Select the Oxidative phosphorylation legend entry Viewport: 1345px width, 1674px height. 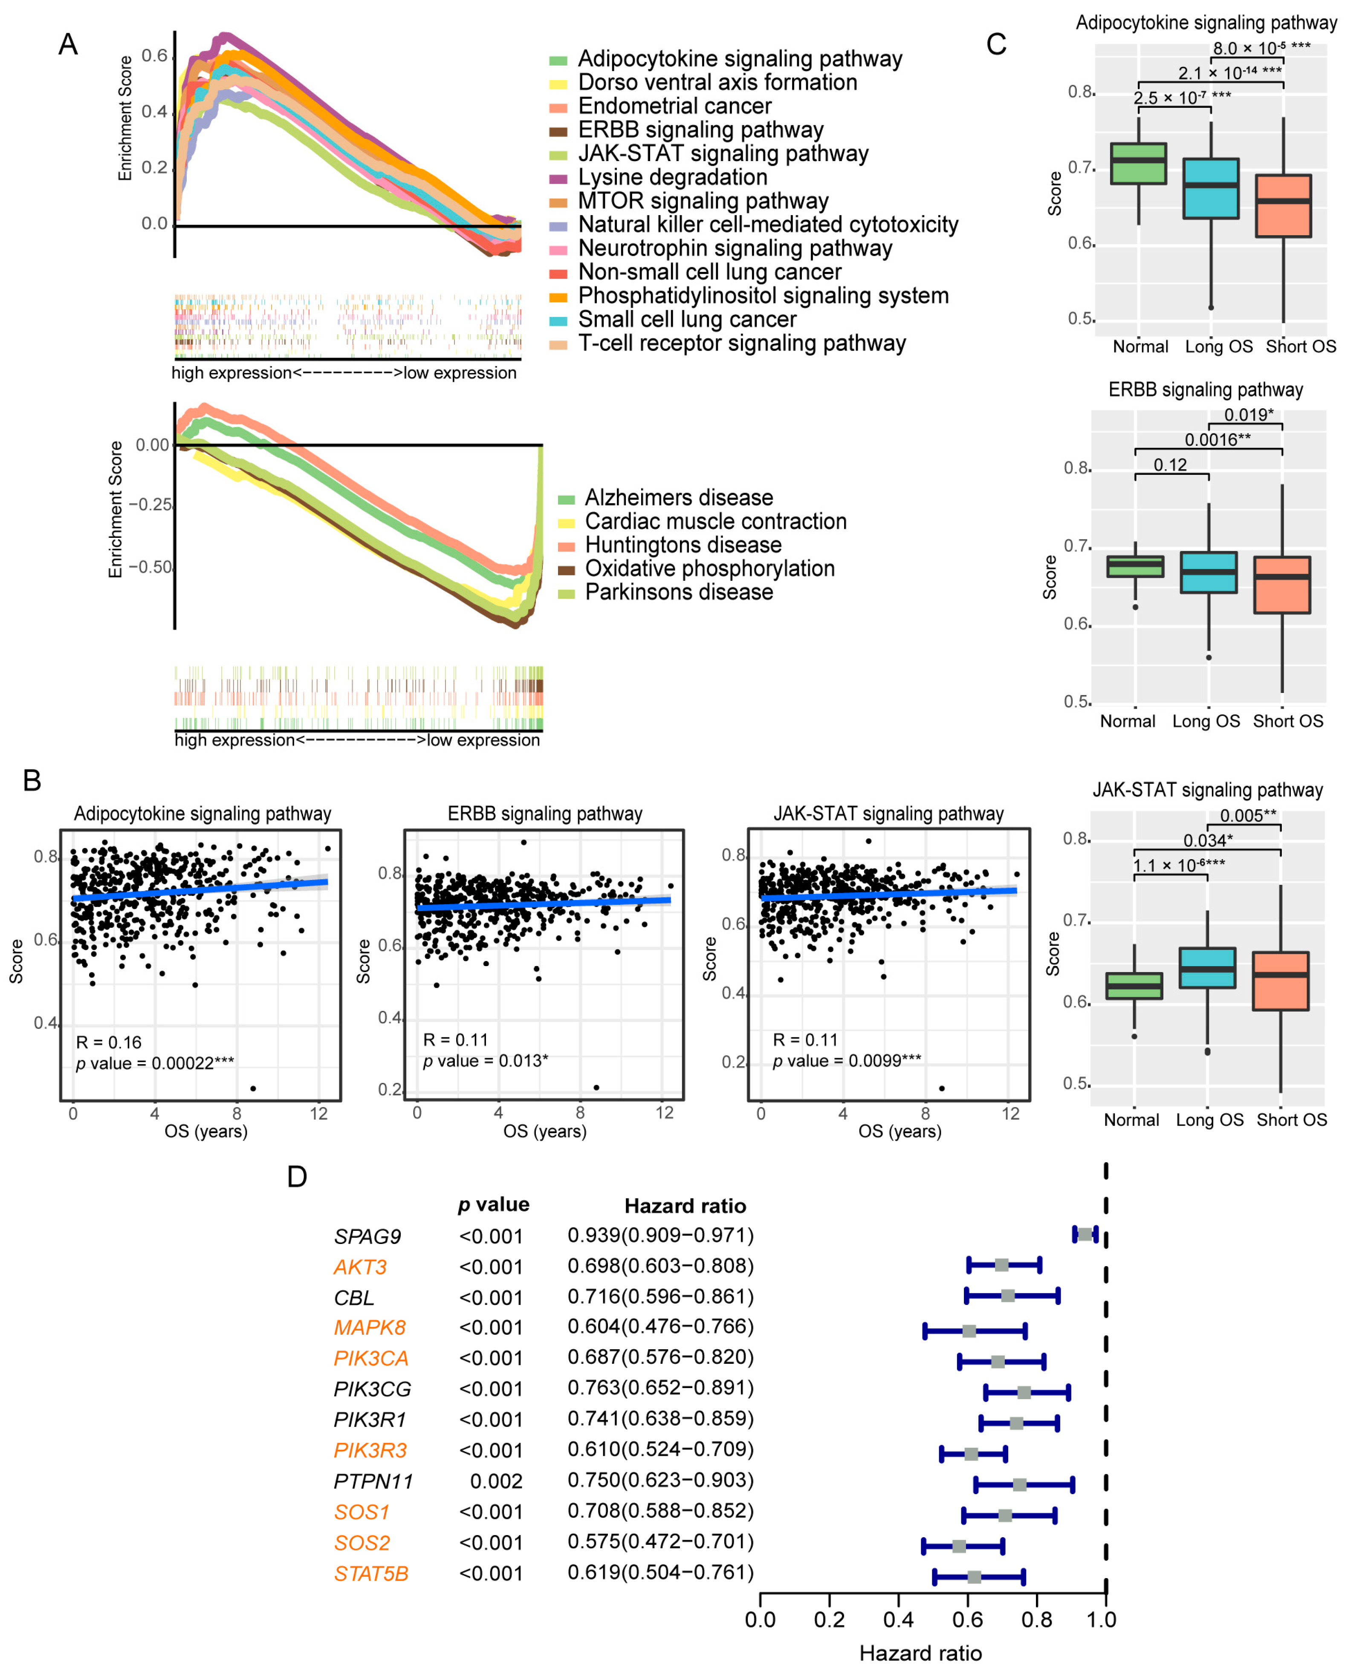[x=709, y=569]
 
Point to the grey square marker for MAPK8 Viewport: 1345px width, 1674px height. [x=969, y=1331]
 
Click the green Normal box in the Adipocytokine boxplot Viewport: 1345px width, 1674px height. [x=1138, y=163]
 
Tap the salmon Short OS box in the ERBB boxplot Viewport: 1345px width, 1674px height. [x=1281, y=585]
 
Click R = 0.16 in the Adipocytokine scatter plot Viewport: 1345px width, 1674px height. [x=109, y=1042]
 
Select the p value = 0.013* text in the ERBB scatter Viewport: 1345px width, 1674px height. [x=485, y=1061]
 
